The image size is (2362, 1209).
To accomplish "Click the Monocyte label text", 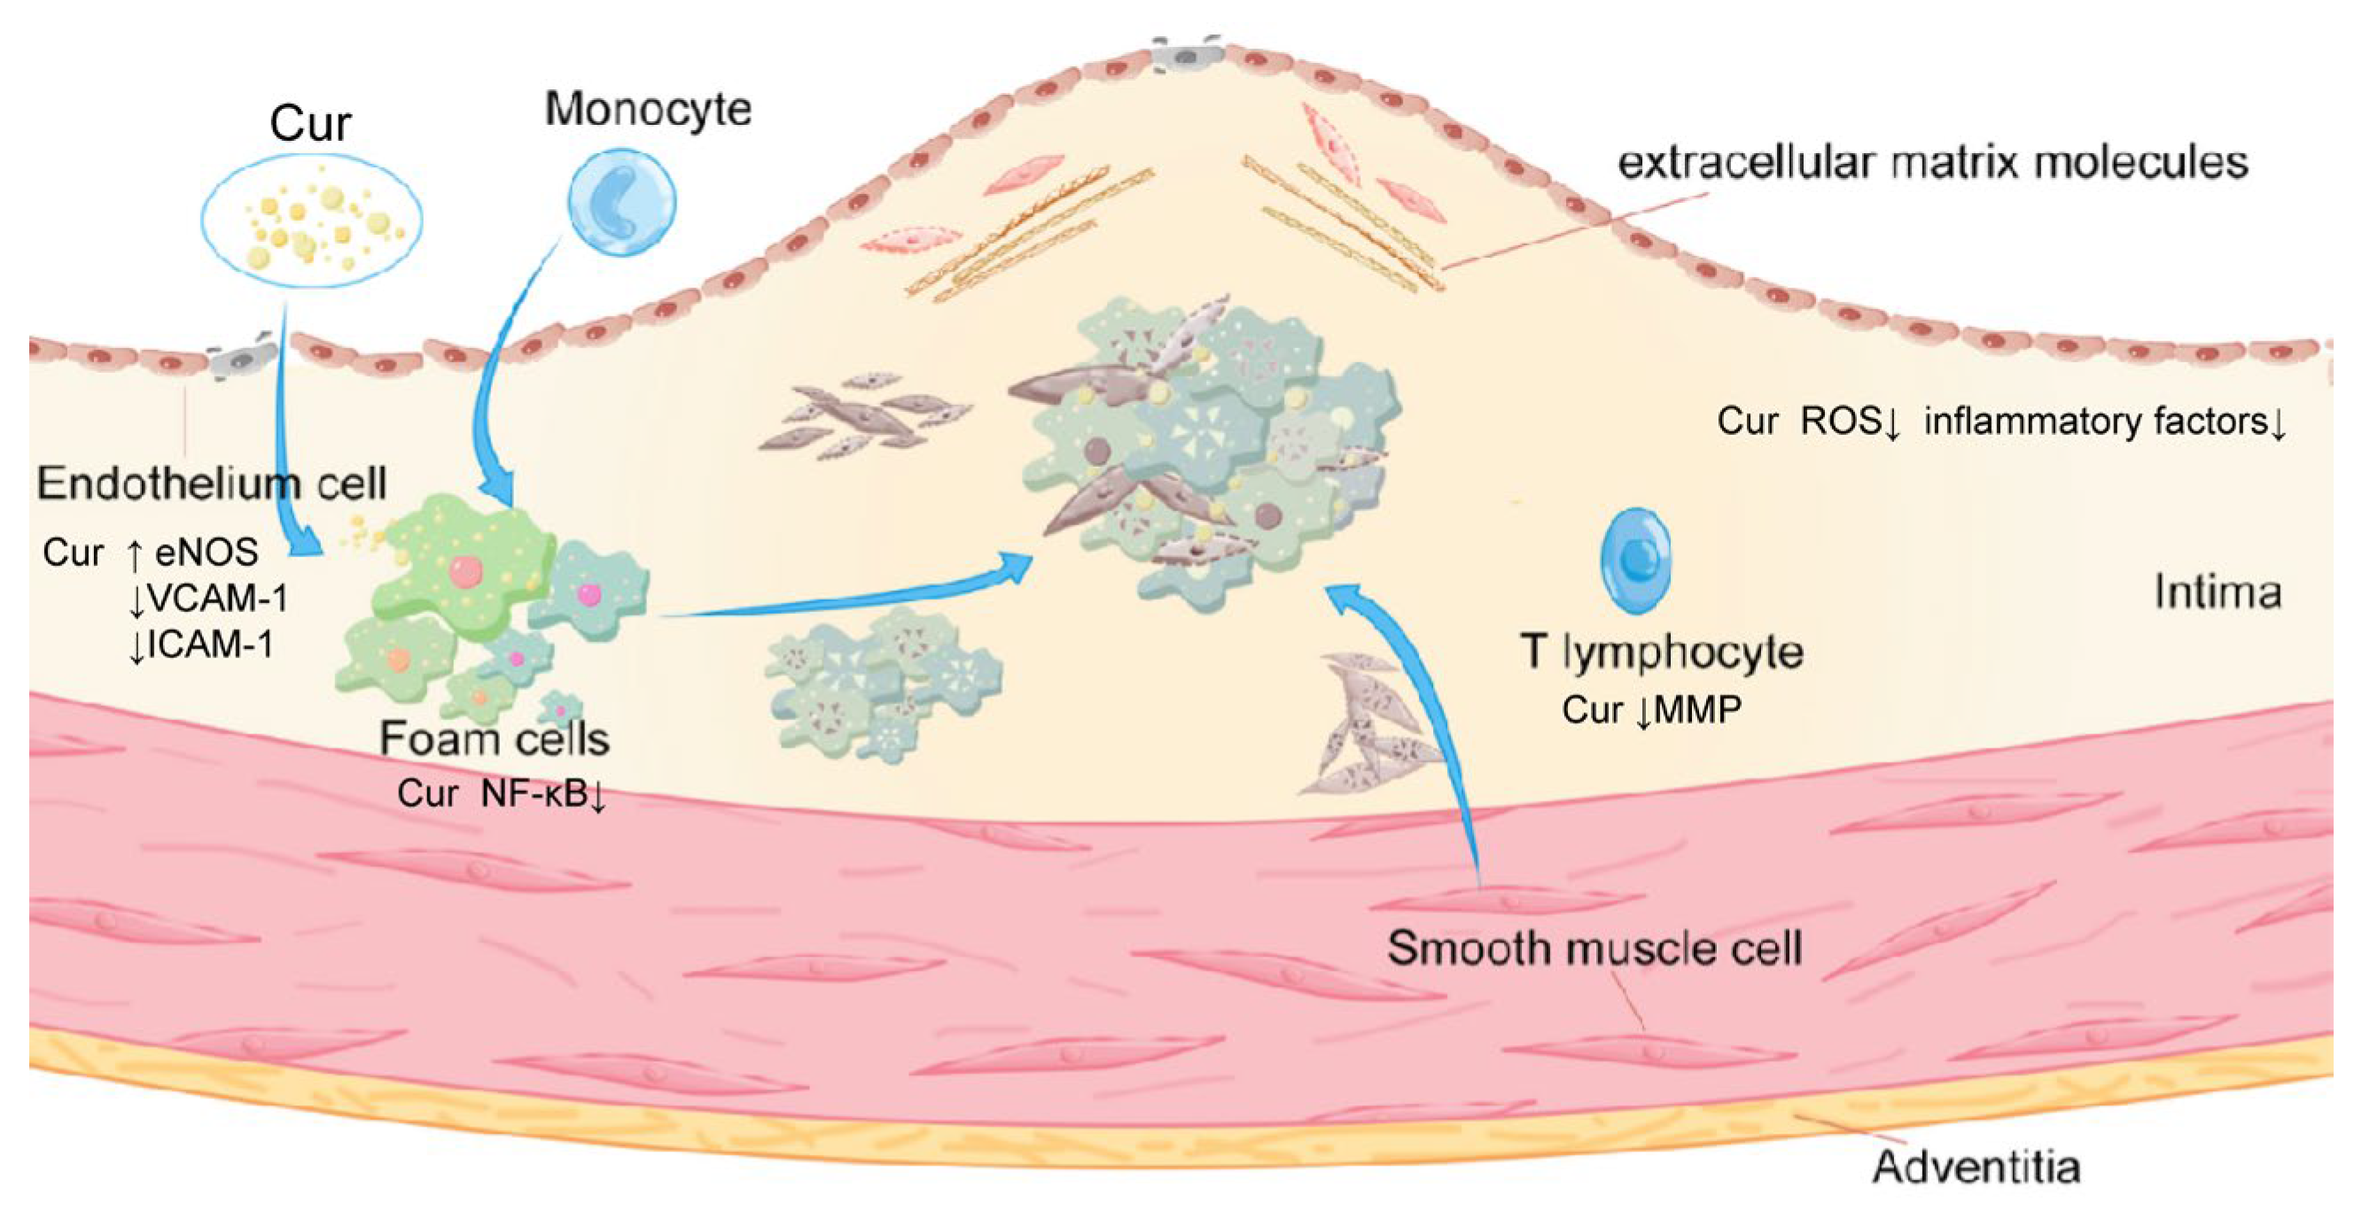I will (x=648, y=109).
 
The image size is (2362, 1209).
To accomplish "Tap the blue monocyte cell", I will (x=621, y=200).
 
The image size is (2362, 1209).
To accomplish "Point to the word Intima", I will (x=2218, y=593).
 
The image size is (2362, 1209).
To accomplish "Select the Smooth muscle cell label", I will (x=1594, y=948).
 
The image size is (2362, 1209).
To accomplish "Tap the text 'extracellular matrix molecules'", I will (x=1932, y=163).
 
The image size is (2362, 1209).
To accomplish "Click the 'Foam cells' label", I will (x=495, y=739).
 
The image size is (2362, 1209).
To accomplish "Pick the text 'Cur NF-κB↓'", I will (x=502, y=794).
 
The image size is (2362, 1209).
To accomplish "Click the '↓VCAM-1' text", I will (x=208, y=599).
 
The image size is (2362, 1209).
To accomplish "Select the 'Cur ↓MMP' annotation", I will (x=1651, y=710).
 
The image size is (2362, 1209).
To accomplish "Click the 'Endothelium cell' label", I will (x=212, y=483).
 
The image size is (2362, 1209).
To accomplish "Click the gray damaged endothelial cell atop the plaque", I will (x=1187, y=55).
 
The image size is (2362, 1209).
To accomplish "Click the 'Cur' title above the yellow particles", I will (x=310, y=124).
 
